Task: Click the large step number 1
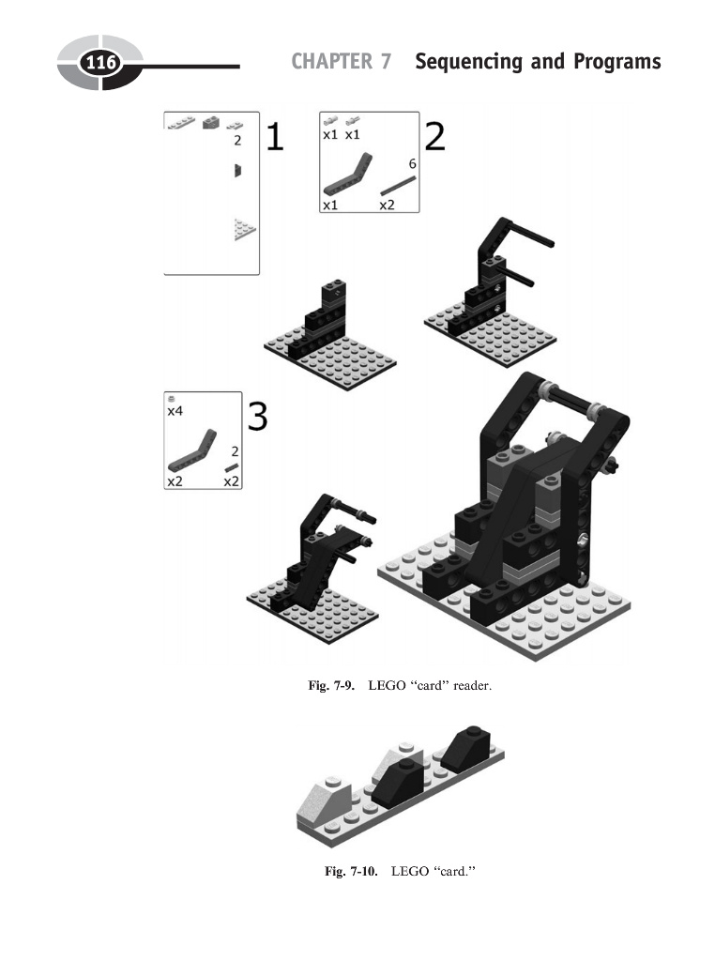tap(274, 138)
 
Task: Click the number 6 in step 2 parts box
tap(412, 163)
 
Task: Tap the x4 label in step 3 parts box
tap(175, 411)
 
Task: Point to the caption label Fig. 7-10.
tap(351, 872)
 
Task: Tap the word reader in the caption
tap(472, 687)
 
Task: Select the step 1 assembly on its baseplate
tap(322, 333)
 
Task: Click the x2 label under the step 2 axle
tap(387, 204)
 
